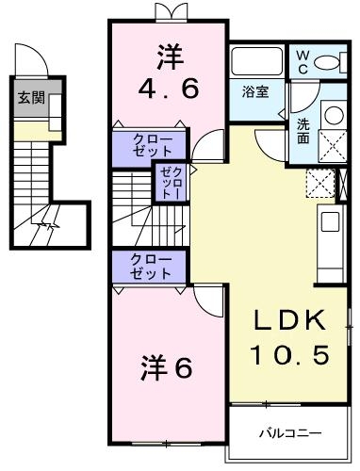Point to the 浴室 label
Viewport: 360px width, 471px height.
[x=254, y=92]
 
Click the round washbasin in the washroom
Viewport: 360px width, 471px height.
[x=333, y=115]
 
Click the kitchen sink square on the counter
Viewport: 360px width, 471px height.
[x=330, y=224]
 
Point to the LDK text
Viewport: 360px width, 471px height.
[x=291, y=321]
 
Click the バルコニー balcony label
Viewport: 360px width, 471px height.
[x=291, y=432]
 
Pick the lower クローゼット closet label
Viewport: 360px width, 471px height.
[x=151, y=266]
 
